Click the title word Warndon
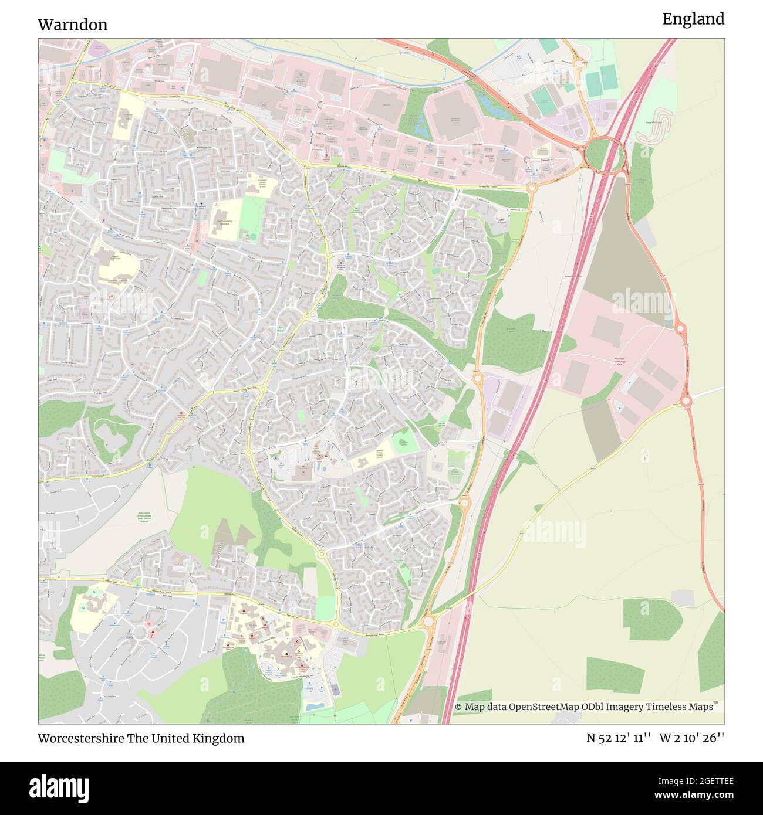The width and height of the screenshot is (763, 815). tap(73, 25)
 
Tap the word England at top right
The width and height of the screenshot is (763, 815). tap(693, 19)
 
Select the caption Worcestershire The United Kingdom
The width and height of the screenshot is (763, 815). tap(141, 738)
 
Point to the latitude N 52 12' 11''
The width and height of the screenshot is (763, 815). tap(619, 738)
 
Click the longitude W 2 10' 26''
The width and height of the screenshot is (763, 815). tap(692, 738)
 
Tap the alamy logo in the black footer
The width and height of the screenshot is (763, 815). tap(59, 787)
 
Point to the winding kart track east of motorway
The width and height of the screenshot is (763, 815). tap(658, 126)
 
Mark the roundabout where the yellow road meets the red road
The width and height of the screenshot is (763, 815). tap(686, 401)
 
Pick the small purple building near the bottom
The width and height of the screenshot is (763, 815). tap(335, 690)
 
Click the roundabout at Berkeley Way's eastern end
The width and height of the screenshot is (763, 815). tap(532, 188)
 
